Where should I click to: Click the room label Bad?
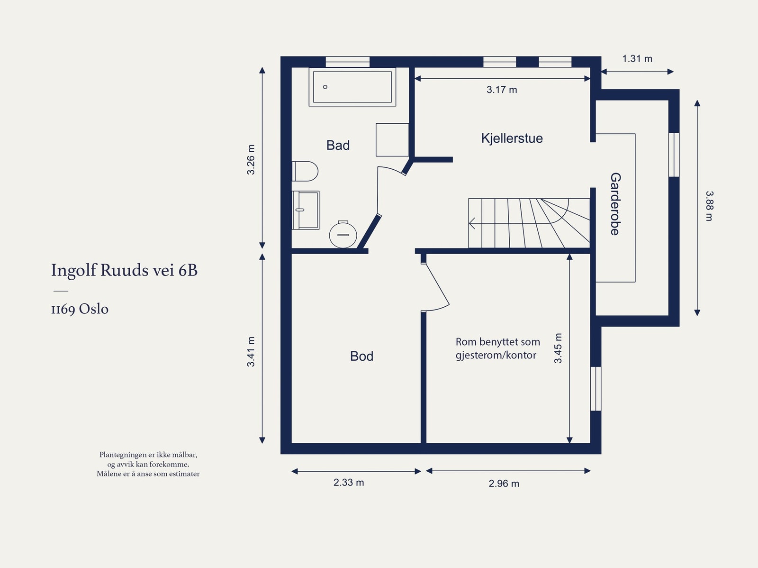338,145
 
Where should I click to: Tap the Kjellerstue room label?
512,138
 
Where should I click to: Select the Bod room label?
361,356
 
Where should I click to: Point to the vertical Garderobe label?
615,204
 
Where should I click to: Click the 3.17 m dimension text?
502,90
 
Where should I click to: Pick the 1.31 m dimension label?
637,59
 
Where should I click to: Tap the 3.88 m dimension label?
709,206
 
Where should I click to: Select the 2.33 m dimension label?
348,482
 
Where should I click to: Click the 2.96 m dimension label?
504,483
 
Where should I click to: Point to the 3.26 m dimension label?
251,160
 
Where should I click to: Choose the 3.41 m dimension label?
251,351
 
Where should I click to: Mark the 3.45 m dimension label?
558,348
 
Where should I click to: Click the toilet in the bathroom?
305,171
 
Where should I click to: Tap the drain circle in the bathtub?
325,87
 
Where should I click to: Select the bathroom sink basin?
306,210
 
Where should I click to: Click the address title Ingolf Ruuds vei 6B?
124,270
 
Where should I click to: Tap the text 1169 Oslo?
80,309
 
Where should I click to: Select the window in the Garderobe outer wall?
674,155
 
